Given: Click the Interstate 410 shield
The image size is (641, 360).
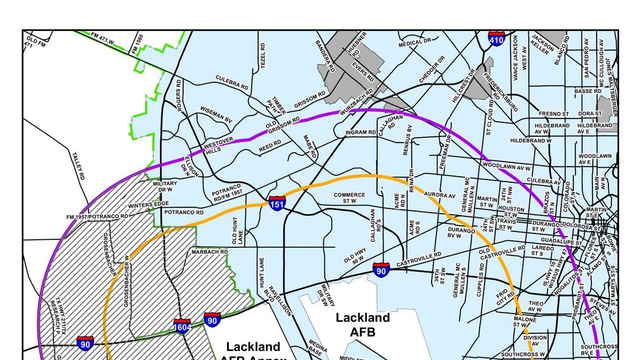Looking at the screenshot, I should point(497,38).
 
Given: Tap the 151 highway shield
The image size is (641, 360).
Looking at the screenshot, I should point(277,203).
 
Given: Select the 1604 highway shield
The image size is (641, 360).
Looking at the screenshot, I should point(182,326).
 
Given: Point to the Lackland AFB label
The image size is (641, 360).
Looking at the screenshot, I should point(363,325).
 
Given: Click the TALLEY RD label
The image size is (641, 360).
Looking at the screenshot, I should point(79,166).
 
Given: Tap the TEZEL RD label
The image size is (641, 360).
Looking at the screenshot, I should point(262,56).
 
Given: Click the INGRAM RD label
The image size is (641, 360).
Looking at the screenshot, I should point(361,132).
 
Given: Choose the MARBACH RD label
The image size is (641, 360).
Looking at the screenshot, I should point(210,252).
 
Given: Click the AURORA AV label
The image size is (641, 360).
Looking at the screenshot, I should point(440,195).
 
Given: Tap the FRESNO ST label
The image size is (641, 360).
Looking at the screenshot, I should point(554,114).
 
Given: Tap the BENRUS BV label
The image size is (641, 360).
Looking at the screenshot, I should point(409,140).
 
